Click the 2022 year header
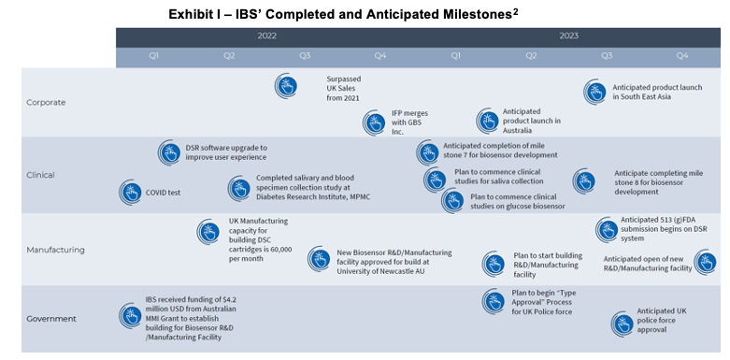point(266,36)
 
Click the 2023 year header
point(568,36)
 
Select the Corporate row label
point(46,102)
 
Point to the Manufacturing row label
point(55,250)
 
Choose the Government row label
point(51,319)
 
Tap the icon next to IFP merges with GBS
point(375,122)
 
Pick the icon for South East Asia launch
point(594,92)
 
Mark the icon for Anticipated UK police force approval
point(622,324)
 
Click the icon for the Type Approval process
point(494,300)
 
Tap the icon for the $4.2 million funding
point(130,315)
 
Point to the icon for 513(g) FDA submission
point(606,227)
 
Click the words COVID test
point(163,193)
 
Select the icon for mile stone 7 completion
point(427,152)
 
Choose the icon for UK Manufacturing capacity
point(208,232)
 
